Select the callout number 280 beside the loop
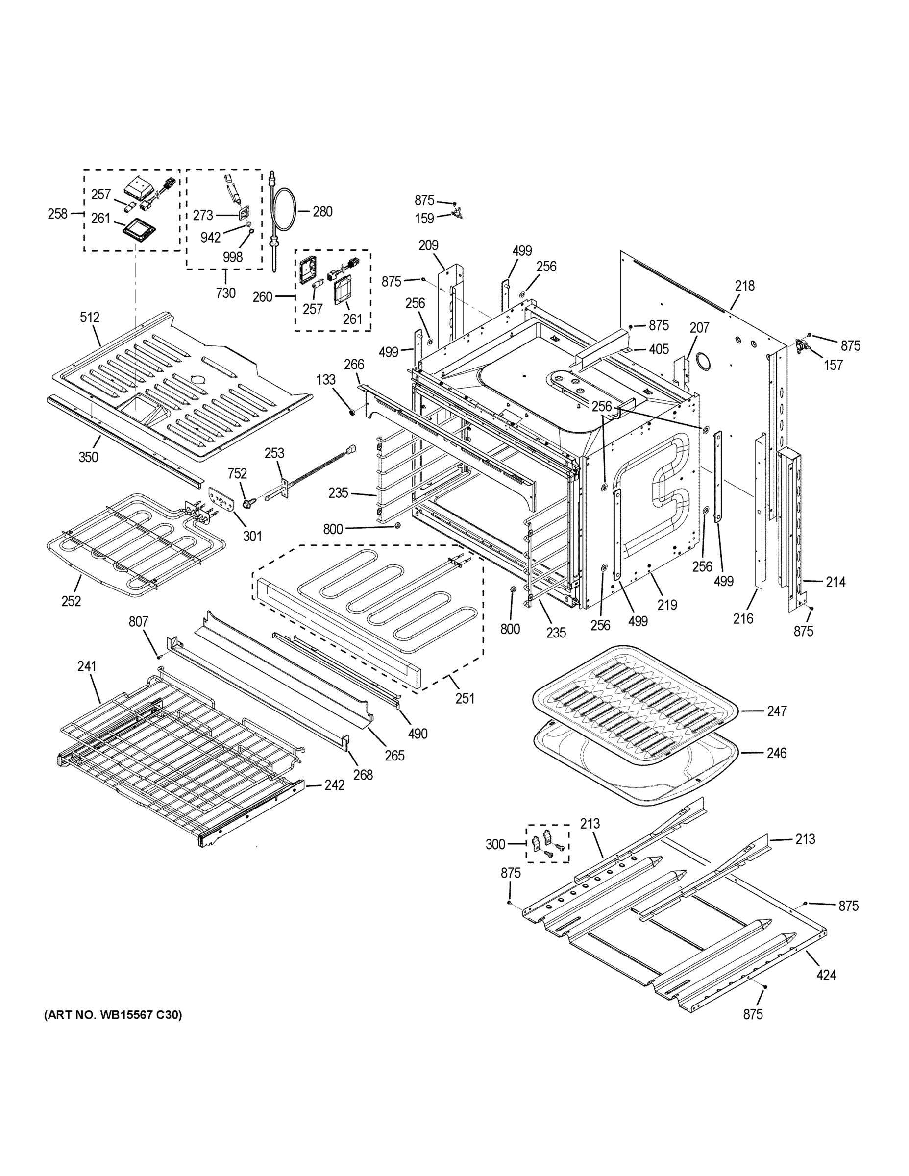[x=322, y=212]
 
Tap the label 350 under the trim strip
[x=88, y=457]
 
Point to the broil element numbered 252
[x=135, y=544]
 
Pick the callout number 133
[x=325, y=380]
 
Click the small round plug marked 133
[x=353, y=413]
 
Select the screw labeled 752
[x=249, y=503]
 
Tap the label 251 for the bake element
[x=465, y=698]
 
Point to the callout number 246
[x=777, y=753]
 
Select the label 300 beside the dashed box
[x=495, y=844]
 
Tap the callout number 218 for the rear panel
[x=744, y=286]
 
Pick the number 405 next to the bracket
[x=658, y=349]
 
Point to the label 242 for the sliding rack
[x=334, y=785]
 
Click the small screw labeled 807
[x=159, y=657]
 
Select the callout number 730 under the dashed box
[x=225, y=293]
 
